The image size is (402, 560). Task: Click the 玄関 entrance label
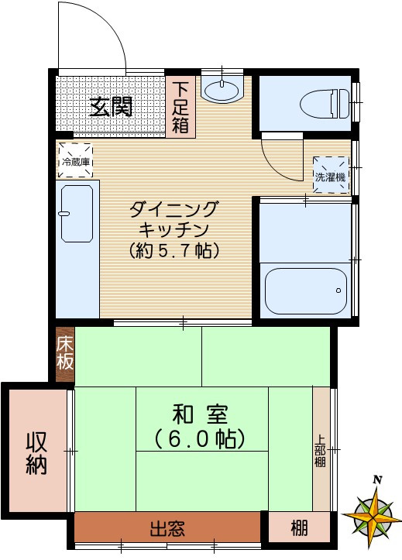[x=110, y=107]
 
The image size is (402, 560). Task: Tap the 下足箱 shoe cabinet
[x=180, y=107]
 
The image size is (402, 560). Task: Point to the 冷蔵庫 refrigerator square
[x=76, y=160]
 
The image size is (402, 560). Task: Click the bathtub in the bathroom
[x=304, y=290]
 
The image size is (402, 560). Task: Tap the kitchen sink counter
[x=77, y=248]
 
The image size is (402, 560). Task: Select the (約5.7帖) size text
[x=175, y=251]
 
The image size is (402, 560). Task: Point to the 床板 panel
[x=65, y=353]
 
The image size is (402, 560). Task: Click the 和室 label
[x=201, y=414]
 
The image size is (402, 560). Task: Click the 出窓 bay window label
[x=167, y=530]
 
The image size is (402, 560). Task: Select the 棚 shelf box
[x=299, y=530]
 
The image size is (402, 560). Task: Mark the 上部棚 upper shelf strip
[x=321, y=448]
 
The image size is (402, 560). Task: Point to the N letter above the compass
[x=377, y=479]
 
